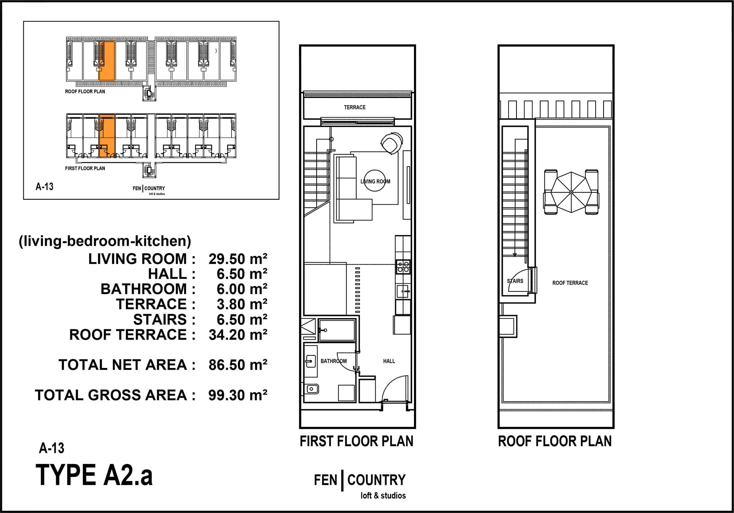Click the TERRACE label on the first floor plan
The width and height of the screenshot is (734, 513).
point(355,107)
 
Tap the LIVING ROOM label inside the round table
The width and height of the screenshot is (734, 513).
point(375,181)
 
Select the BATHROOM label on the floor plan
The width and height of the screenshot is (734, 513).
point(333,361)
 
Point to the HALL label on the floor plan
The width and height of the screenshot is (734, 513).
point(389,361)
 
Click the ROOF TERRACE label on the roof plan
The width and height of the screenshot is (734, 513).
point(570,283)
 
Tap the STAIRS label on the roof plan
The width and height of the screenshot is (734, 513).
point(515,281)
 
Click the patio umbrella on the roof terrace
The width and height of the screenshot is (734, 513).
point(571,192)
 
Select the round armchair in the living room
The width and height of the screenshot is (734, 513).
point(392,143)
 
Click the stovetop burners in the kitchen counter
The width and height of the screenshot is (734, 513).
point(403,267)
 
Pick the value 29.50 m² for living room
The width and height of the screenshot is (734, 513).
point(238,259)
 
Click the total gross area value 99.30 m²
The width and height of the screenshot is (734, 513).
point(238,395)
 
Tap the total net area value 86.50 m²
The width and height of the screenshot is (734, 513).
point(238,365)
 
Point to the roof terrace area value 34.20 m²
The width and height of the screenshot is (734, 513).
point(238,335)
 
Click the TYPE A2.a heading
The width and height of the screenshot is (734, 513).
point(94,475)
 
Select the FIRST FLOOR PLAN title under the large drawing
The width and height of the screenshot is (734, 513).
point(356,441)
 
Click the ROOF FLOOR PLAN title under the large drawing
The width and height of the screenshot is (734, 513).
point(555,441)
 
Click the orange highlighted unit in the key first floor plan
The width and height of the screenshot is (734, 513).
point(107,135)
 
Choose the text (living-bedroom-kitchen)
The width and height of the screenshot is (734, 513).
point(105,241)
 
